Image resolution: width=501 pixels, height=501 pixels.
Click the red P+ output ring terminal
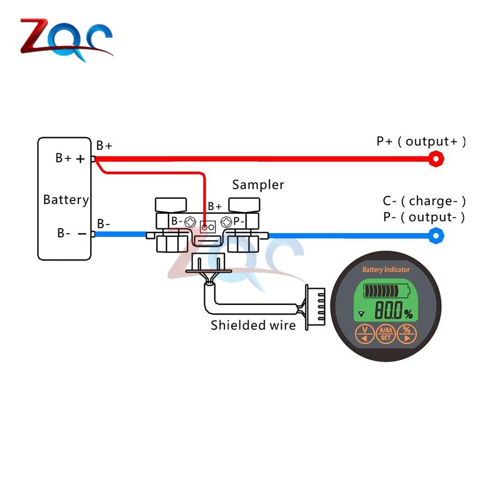436,159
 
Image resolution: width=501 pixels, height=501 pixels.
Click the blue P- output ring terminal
436,234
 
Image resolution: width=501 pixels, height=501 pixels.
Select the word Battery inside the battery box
66,200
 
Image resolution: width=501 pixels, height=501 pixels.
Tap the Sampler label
258,185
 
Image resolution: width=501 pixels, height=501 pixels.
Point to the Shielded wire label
253,325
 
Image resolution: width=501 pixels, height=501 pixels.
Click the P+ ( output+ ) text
421,141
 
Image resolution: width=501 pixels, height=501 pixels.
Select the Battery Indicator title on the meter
386,270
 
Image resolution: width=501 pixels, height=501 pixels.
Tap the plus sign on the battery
80,159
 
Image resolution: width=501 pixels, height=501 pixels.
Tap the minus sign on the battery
80,233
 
